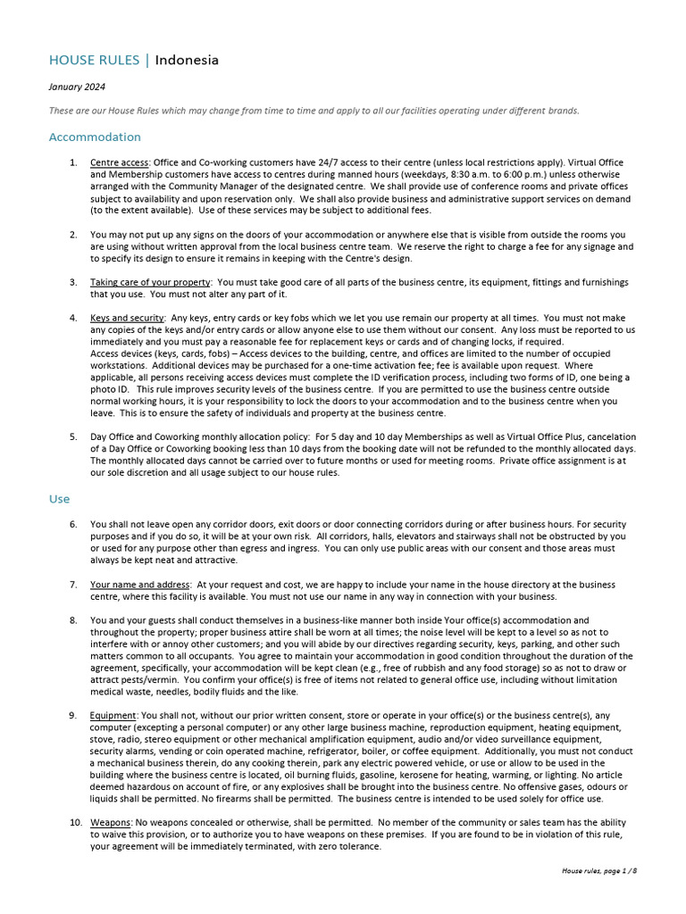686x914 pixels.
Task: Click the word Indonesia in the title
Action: coord(187,61)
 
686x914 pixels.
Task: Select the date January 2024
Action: coord(77,87)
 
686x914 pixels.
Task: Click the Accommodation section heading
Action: coord(95,137)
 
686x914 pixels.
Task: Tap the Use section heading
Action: coord(59,500)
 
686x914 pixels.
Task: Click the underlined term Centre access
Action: coord(120,163)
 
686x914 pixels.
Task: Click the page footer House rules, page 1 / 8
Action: coord(599,870)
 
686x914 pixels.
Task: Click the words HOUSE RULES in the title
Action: coord(95,61)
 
